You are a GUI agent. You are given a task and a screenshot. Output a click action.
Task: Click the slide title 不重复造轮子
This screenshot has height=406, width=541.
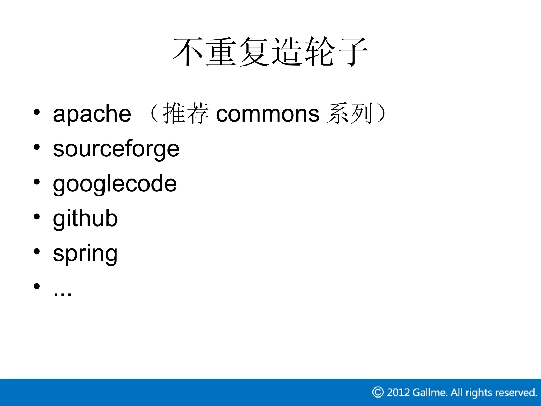click(x=270, y=52)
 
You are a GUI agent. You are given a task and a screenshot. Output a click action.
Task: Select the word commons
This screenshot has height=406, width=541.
click(x=267, y=114)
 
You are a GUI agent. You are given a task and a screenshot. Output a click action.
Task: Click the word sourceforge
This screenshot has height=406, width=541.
click(x=116, y=149)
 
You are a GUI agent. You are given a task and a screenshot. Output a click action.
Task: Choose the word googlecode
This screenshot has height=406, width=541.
click(x=115, y=184)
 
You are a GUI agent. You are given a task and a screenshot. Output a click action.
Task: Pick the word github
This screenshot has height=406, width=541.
click(x=85, y=219)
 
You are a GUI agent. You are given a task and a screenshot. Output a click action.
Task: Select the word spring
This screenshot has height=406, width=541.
click(x=85, y=254)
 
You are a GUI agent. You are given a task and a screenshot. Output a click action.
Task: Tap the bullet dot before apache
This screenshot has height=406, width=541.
click(x=37, y=112)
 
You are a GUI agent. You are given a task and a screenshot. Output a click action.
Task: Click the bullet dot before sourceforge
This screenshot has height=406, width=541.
click(x=37, y=147)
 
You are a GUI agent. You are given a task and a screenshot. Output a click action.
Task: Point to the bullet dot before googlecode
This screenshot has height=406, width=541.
click(x=37, y=182)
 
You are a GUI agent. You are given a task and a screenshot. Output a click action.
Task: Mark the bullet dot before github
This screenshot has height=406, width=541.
click(x=37, y=216)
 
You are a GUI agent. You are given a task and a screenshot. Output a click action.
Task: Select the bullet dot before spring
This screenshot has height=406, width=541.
click(x=37, y=251)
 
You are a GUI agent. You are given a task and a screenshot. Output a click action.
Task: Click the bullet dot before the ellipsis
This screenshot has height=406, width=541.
click(x=37, y=286)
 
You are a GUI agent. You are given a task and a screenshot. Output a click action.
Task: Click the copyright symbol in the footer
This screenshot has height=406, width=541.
click(x=378, y=392)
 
